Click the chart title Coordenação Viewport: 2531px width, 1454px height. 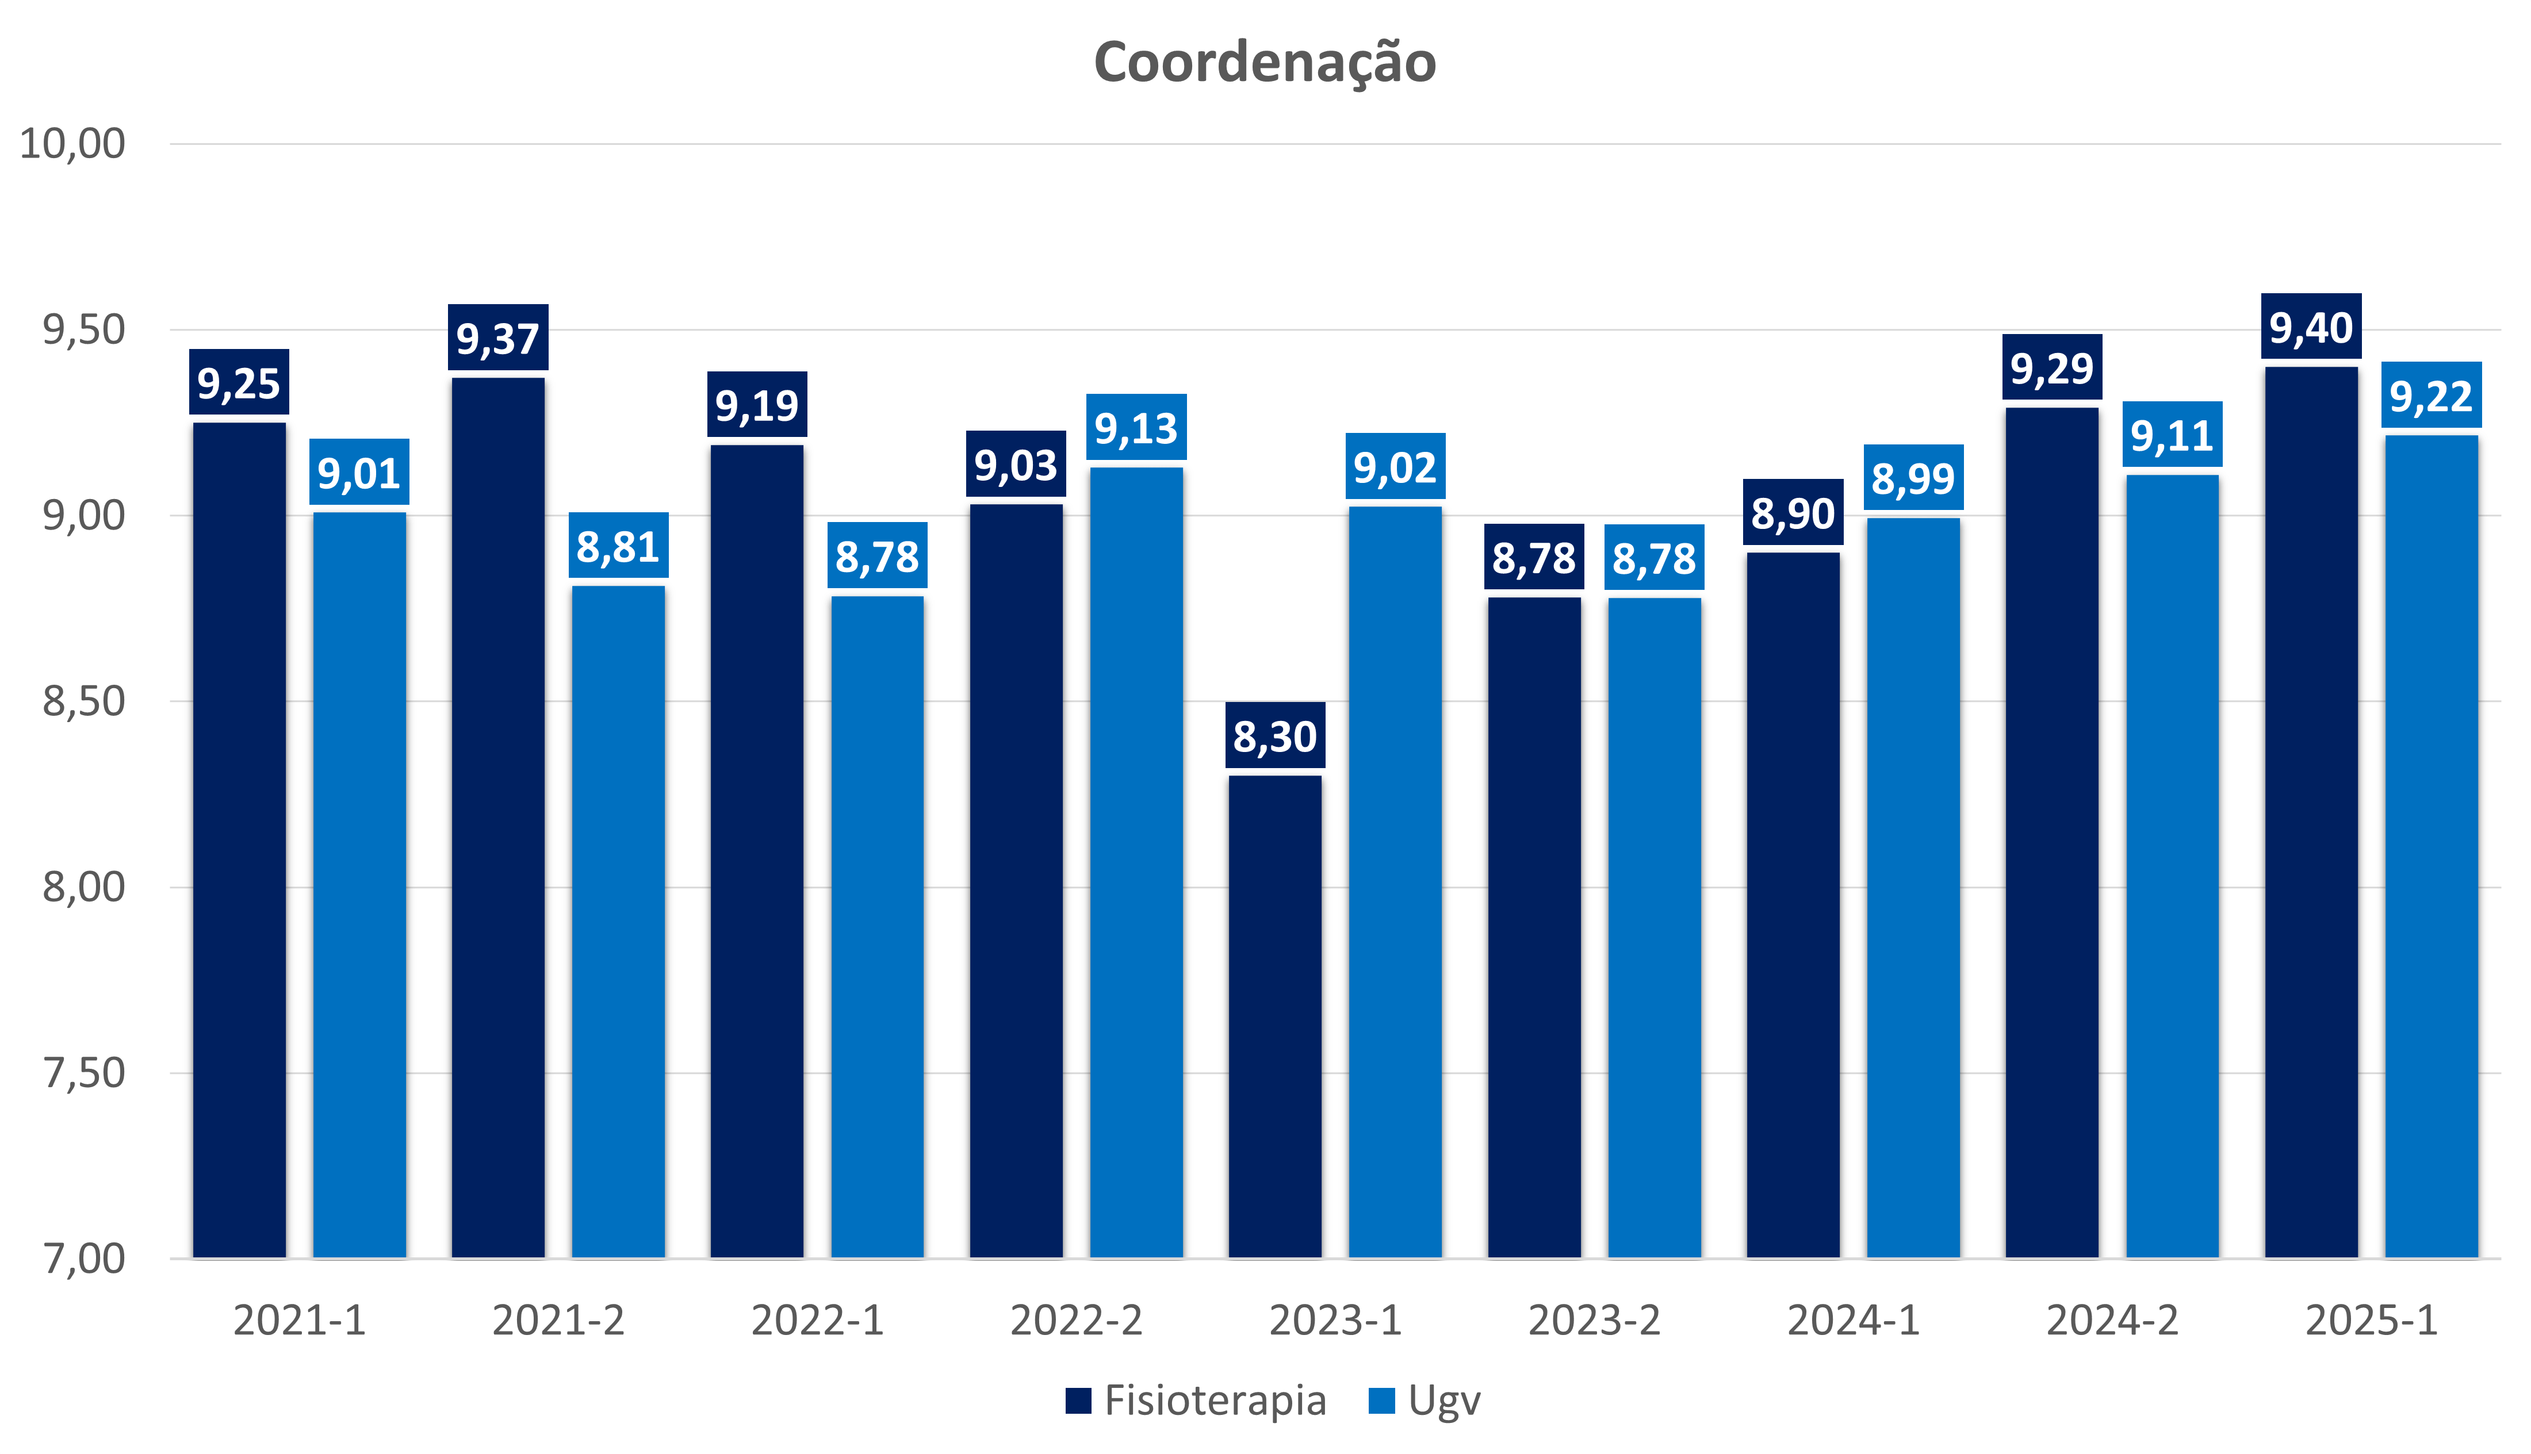click(1265, 62)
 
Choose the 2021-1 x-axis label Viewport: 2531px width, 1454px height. click(300, 1320)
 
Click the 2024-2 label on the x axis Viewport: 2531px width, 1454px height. click(2112, 1320)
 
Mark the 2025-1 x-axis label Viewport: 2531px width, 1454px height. click(2371, 1320)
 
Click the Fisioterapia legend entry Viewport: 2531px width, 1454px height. click(1197, 1400)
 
